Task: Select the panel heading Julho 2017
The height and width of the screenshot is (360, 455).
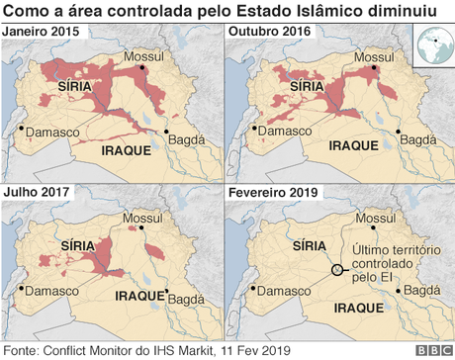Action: [37, 192]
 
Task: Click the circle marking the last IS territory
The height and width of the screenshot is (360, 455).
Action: [337, 269]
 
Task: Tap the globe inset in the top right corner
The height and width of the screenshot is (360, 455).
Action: [430, 45]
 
